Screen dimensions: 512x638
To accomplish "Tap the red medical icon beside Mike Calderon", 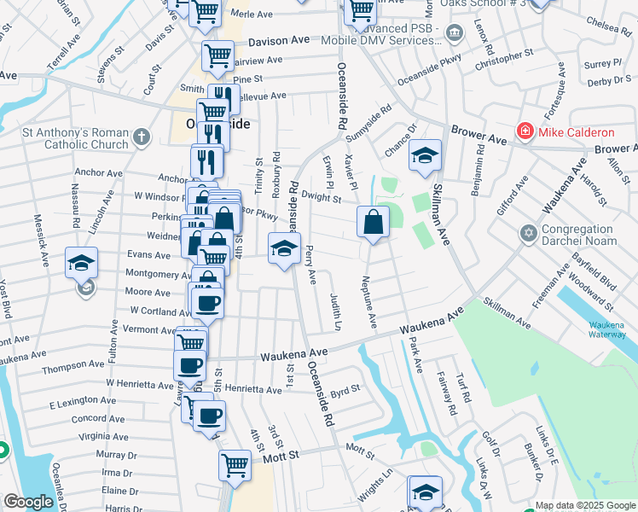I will click(525, 132).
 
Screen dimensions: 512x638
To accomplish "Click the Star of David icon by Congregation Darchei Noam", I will click(527, 232).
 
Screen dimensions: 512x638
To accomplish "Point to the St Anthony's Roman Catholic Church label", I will click(75, 138).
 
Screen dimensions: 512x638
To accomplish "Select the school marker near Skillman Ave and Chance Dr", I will click(425, 155).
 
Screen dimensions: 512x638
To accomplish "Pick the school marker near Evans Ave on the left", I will click(82, 262).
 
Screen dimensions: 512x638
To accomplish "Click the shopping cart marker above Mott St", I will click(235, 466).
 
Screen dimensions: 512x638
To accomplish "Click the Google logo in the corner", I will click(28, 502).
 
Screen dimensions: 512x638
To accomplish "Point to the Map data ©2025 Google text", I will click(583, 505).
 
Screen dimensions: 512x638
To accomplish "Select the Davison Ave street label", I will click(279, 40).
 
